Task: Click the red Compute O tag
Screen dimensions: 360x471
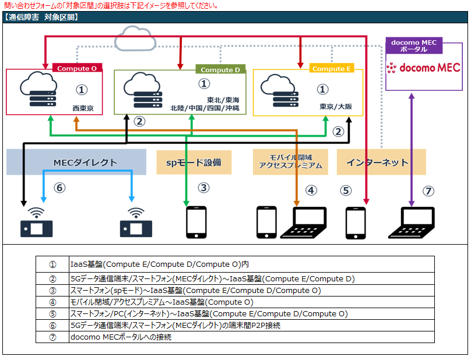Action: click(x=77, y=68)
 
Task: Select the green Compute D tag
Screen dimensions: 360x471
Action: click(x=220, y=70)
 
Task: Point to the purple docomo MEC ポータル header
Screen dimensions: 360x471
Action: click(x=414, y=46)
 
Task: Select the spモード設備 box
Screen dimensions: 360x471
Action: click(x=194, y=162)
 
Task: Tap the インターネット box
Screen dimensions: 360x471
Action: click(x=381, y=162)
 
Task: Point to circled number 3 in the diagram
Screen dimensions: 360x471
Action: click(x=203, y=188)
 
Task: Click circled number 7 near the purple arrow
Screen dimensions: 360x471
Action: click(x=428, y=190)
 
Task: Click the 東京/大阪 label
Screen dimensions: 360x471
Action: click(x=336, y=107)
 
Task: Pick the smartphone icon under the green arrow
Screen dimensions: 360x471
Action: click(x=196, y=222)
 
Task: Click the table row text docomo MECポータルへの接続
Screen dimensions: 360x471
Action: click(x=121, y=337)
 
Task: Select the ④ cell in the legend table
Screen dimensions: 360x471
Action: click(x=52, y=302)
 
